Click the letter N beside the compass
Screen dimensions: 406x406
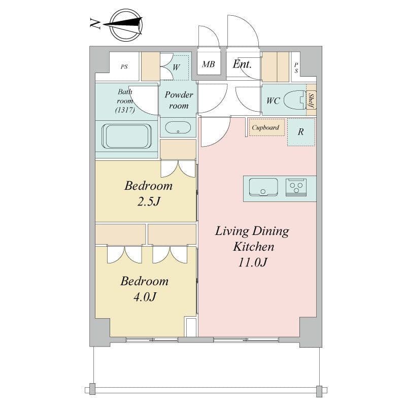tap(95, 23)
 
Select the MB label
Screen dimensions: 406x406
tap(209, 64)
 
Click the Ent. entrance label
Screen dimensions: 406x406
tap(242, 64)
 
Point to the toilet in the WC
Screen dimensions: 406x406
tap(295, 100)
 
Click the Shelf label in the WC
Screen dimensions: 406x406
tap(312, 100)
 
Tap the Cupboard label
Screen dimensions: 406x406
tap(265, 127)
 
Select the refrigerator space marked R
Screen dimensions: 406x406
tap(301, 132)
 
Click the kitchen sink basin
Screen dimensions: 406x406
tap(263, 187)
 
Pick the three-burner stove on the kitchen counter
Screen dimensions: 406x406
tap(296, 187)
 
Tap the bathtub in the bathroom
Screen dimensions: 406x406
tap(126, 136)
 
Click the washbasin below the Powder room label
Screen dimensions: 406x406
tap(178, 127)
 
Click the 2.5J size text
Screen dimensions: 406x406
tap(149, 201)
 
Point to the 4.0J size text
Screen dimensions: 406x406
tap(145, 297)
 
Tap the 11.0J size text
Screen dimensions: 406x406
tap(252, 262)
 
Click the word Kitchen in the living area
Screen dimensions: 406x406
tap(253, 247)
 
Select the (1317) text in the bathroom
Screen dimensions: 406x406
tap(125, 110)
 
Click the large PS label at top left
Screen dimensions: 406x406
tap(124, 67)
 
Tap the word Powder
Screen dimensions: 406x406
tap(179, 95)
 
